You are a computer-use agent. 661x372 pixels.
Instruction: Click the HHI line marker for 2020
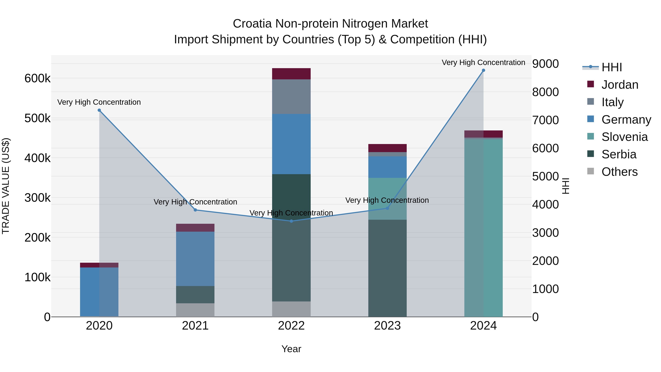(99, 110)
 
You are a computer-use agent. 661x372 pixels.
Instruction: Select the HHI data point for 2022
(291, 221)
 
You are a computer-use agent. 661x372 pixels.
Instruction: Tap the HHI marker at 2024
(483, 70)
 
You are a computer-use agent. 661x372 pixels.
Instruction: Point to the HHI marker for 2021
(195, 210)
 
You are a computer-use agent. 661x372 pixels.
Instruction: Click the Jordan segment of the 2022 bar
(291, 74)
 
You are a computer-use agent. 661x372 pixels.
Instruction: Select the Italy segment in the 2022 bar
(291, 96)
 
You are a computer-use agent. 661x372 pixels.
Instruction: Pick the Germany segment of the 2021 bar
(195, 259)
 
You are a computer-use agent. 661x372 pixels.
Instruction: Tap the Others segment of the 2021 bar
(195, 310)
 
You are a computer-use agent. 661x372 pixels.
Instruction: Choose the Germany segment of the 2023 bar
(387, 167)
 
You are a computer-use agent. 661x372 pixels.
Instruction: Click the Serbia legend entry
(619, 154)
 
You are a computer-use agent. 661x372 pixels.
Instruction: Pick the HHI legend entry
(611, 67)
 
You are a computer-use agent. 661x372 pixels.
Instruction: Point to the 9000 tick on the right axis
(545, 64)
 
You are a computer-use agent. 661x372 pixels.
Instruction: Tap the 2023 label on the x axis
(387, 326)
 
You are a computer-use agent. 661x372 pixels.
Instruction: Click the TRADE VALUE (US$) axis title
(6, 186)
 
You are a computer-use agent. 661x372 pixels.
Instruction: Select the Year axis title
(291, 349)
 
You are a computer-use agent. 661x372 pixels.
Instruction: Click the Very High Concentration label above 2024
(483, 62)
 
